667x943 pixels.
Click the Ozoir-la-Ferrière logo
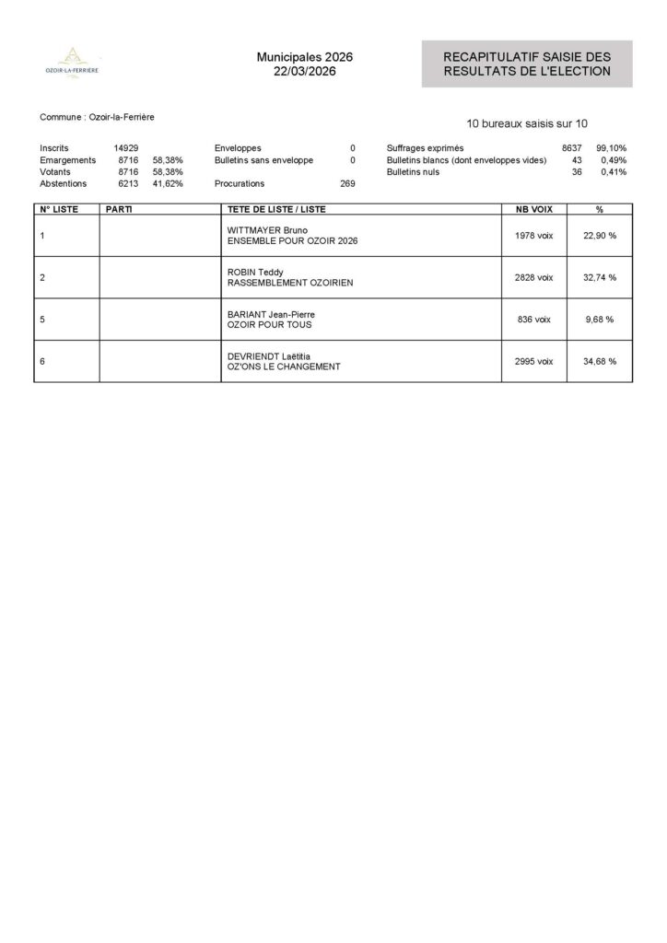[73, 62]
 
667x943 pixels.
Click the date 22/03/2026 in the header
[304, 72]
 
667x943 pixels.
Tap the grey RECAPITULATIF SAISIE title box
[527, 64]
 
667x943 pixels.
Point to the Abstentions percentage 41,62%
[168, 183]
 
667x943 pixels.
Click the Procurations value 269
[347, 183]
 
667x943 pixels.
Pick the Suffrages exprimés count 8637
[572, 147]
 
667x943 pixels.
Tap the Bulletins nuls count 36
[577, 172]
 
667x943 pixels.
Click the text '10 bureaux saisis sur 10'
[527, 122]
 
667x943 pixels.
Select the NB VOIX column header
[533, 209]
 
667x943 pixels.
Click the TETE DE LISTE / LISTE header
[276, 209]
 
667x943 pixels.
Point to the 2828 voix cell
[533, 277]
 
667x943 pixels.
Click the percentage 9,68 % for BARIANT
[599, 320]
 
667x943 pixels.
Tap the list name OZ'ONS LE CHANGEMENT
[284, 367]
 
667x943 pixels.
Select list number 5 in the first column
[42, 320]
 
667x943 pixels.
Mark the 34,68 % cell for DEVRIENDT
[599, 361]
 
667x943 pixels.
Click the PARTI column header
[120, 209]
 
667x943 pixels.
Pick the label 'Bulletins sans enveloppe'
[263, 160]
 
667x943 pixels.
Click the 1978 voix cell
[533, 236]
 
